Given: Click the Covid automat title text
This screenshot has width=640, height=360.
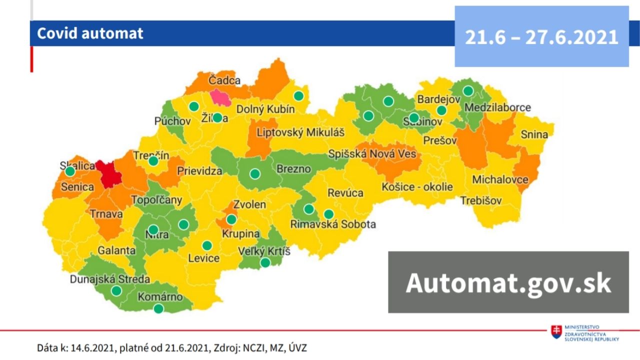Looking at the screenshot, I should tap(90, 33).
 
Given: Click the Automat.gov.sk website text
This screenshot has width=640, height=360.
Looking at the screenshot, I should tap(508, 282).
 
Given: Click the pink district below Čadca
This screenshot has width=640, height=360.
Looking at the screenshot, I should tap(220, 97).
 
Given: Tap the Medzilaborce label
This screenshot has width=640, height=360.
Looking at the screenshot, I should tap(497, 107).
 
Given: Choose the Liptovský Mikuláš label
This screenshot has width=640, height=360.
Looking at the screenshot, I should tap(300, 133).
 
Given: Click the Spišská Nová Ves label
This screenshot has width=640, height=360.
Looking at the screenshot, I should tap(372, 154).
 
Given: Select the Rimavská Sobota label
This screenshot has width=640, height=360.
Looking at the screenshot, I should tap(333, 224).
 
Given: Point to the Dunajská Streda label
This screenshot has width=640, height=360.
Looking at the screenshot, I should tap(110, 279).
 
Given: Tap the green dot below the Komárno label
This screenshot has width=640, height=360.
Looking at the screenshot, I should tap(158, 308).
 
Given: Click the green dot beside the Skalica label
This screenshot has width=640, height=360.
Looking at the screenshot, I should tap(70, 171).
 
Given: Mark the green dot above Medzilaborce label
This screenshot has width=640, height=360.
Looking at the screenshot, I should tap(468, 90).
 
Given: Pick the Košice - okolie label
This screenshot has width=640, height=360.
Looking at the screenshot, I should tap(417, 187).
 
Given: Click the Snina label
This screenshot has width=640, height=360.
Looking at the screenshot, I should tap(534, 134).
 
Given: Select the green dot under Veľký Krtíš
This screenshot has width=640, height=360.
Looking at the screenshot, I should tap(265, 262).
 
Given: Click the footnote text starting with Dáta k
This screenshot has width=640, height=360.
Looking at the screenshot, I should tap(175, 347).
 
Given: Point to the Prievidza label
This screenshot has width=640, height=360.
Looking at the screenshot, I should tap(199, 171).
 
